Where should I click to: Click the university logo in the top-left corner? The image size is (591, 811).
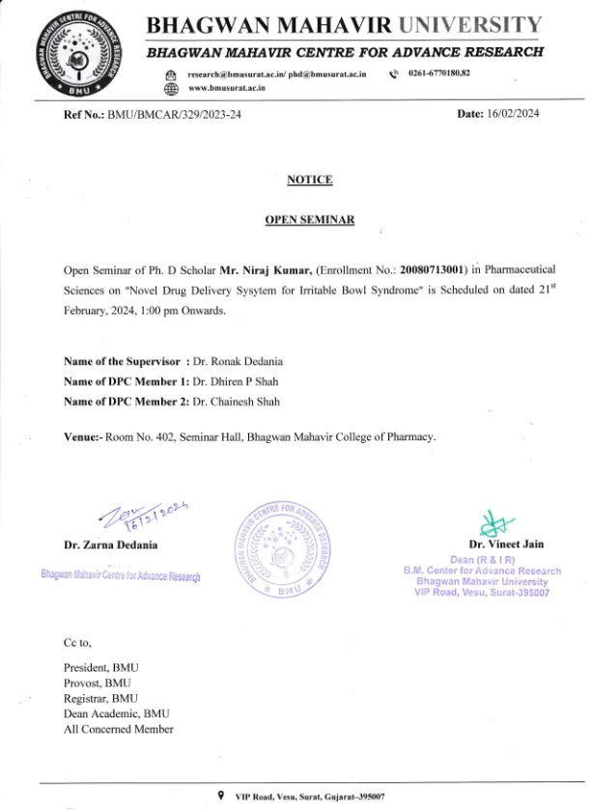82,53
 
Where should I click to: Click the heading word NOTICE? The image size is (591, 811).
309,180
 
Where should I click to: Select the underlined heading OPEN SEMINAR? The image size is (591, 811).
309,220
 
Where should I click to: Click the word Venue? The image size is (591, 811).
81,436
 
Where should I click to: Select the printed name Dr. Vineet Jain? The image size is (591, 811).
507,545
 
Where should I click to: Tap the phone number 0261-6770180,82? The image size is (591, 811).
439,74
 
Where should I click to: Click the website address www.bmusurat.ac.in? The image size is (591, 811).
228,88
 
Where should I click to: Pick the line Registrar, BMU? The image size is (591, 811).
100,698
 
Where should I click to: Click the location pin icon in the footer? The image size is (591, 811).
223,795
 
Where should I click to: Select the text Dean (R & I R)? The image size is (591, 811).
482,560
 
